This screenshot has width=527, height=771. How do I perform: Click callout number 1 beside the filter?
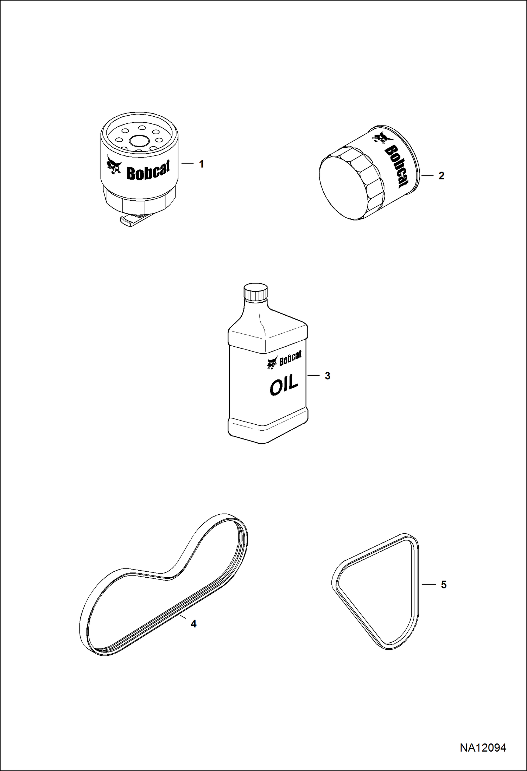(x=201, y=164)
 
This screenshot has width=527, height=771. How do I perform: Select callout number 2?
(x=442, y=176)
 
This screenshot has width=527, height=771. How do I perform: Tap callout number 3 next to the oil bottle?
(x=328, y=376)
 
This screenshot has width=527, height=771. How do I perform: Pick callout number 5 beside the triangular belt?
(x=444, y=585)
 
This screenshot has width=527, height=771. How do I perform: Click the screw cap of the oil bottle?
(x=256, y=292)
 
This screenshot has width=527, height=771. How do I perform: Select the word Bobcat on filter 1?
(x=148, y=171)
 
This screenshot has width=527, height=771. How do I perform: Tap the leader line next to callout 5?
(x=429, y=584)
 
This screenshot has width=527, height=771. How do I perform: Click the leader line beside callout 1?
(x=187, y=163)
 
